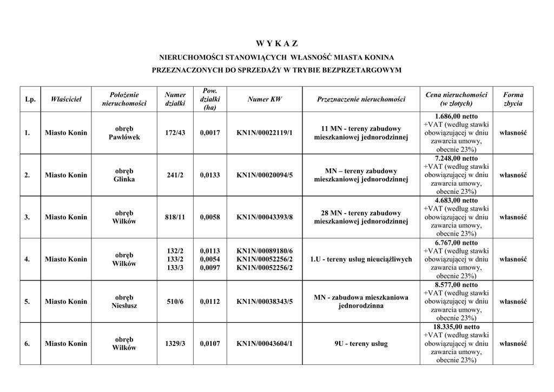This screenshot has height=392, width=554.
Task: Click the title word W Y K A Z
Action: point(276,43)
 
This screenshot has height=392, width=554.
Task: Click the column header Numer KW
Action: point(265,99)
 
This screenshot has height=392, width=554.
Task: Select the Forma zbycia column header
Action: point(513,99)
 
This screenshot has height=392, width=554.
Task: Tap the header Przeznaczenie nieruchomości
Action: point(361,99)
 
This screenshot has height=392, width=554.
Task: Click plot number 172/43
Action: point(175,133)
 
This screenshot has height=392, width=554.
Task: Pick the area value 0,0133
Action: point(210,175)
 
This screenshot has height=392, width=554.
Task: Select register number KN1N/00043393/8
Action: point(265,217)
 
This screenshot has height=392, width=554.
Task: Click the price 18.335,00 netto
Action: point(456,326)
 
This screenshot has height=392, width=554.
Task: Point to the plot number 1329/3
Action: point(175,343)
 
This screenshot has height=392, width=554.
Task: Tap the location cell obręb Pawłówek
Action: point(124,133)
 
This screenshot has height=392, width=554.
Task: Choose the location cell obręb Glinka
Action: point(124,175)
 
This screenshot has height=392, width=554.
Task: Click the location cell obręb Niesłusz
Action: point(124,302)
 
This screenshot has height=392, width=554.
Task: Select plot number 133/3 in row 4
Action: point(175,267)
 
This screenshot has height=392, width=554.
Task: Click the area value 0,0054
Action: point(210,259)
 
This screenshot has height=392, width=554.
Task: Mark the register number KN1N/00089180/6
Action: point(265,251)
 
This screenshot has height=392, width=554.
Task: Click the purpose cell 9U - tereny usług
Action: point(361,343)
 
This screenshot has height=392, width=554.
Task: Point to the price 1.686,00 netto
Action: point(456,116)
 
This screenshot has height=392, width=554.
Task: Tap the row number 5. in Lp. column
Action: point(27,302)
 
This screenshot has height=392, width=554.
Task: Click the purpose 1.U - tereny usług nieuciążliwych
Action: point(361,259)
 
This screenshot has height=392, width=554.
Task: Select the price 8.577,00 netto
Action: point(456,285)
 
